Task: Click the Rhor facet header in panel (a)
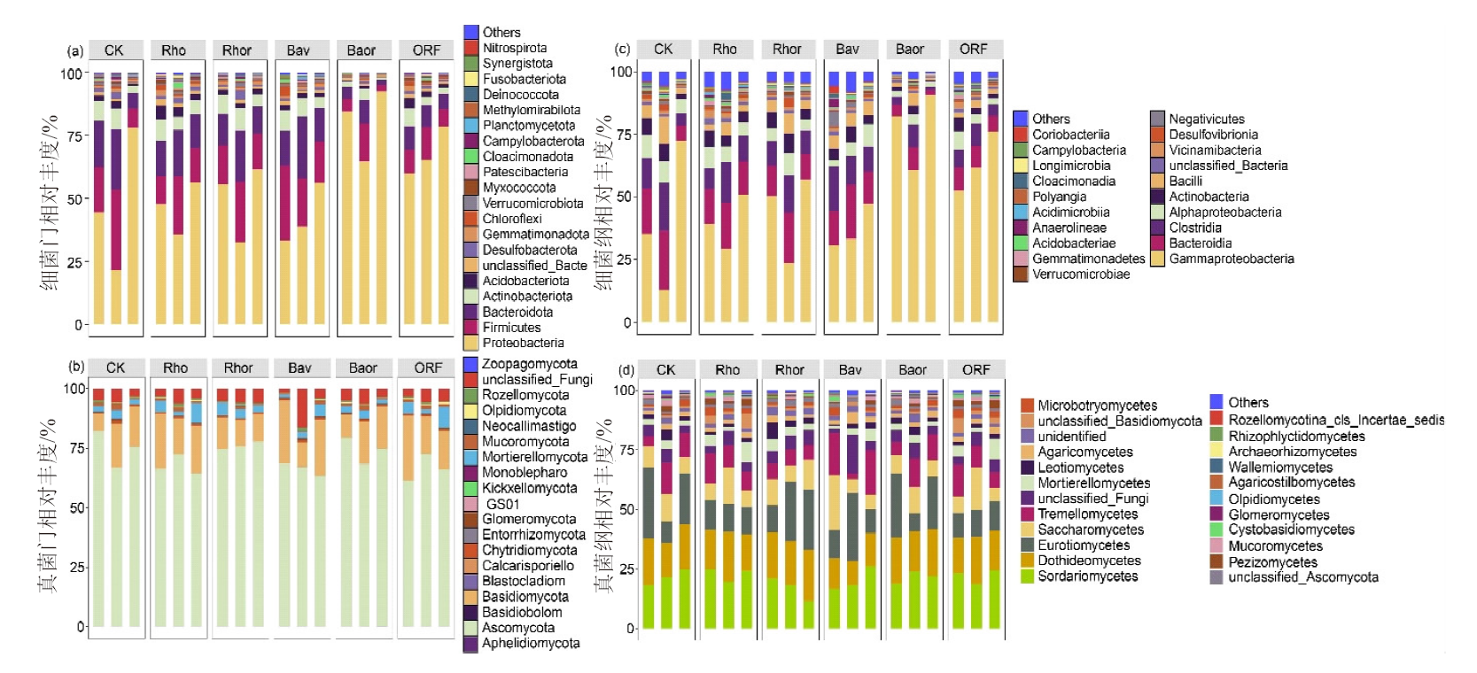[x=237, y=50]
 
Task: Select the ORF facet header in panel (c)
[x=973, y=50]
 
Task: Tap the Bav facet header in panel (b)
[x=299, y=367]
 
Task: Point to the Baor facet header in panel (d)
[x=913, y=370]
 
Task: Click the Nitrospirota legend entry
[x=514, y=48]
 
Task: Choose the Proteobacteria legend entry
[x=523, y=343]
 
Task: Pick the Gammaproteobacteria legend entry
[x=1231, y=259]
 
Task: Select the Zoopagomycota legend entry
[x=529, y=364]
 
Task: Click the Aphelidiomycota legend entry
[x=530, y=643]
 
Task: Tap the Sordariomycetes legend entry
[x=1087, y=576]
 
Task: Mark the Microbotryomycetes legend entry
[x=1097, y=406]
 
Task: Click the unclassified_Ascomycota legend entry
[x=1302, y=577]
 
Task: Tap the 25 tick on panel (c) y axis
[x=625, y=259]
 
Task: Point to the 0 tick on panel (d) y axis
[x=631, y=629]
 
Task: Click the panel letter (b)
[x=76, y=367]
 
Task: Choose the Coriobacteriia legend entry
[x=1070, y=135]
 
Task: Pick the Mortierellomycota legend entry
[x=534, y=457]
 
